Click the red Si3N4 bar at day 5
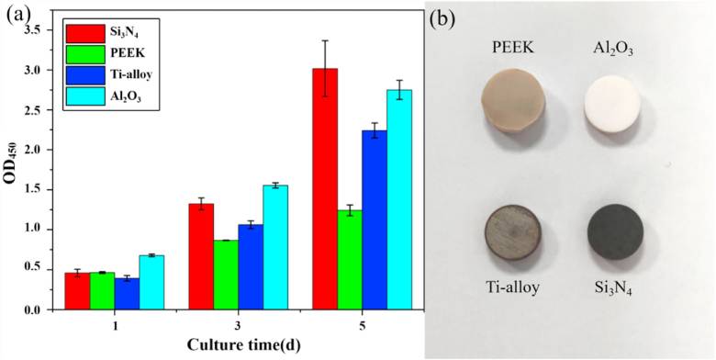[325, 189]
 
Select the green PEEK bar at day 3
[226, 275]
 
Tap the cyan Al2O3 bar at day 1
[151, 283]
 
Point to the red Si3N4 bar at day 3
[201, 257]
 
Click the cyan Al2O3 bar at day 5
[399, 199]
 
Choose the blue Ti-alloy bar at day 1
[127, 294]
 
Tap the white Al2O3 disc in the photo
[612, 103]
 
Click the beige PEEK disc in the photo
[514, 103]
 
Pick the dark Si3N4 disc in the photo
[615, 231]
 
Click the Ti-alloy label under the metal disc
[511, 287]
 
